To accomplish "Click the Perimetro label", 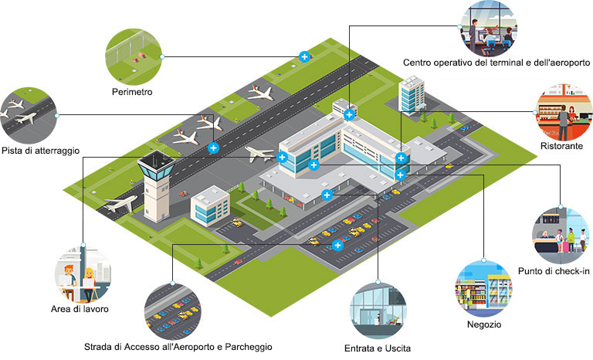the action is coord(132,92).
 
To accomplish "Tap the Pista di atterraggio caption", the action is coord(40,151).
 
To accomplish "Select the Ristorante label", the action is coord(561,146).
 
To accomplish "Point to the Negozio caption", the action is coord(484,324).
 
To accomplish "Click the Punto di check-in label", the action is coord(554,271).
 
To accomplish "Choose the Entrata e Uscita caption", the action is coord(378,348).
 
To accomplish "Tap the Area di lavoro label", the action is coord(80,309).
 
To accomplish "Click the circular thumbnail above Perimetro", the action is coord(134,57).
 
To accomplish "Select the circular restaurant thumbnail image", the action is coord(564,113).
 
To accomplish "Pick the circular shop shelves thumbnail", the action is coord(484,289).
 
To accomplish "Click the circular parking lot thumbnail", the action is coord(173,311).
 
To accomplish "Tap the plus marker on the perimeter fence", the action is coord(304,57).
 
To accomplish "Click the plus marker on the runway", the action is coord(213,148).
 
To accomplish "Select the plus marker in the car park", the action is coord(337,245).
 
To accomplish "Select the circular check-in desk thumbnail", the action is coord(561,236).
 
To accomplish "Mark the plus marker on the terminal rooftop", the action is coord(349,114).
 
